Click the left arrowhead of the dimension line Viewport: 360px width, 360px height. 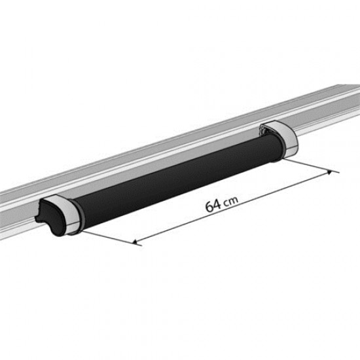[136, 242]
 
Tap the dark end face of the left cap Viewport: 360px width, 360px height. [48, 213]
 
